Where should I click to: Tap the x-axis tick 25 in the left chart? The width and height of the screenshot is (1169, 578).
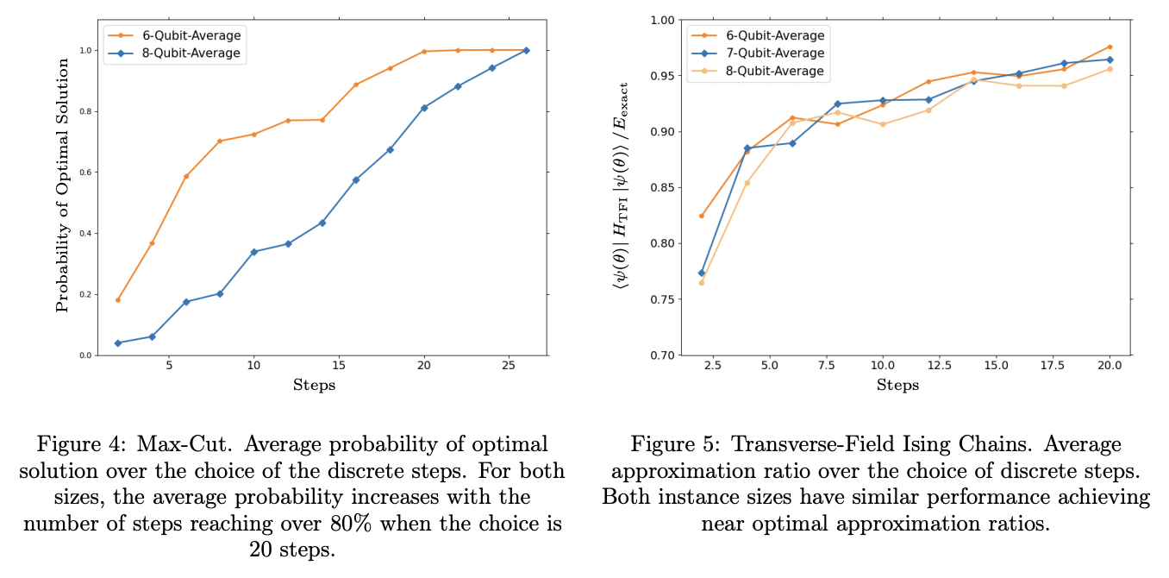click(509, 365)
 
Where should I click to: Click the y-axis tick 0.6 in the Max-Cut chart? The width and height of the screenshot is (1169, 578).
click(85, 173)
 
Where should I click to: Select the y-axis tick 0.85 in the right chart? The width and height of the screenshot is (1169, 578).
click(666, 188)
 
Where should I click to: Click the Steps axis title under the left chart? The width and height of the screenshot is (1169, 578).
click(314, 385)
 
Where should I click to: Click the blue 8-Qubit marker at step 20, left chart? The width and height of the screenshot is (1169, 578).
click(424, 108)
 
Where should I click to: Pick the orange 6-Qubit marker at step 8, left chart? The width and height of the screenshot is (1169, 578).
click(220, 141)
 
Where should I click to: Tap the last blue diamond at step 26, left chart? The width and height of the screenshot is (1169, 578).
click(526, 50)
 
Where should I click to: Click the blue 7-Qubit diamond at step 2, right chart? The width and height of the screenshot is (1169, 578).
click(702, 273)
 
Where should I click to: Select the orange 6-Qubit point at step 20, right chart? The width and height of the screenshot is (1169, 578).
click(1110, 47)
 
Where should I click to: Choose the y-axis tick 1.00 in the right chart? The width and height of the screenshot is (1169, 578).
click(666, 20)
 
